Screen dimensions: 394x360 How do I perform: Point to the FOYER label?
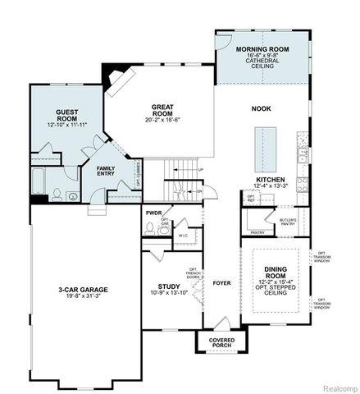[221, 286]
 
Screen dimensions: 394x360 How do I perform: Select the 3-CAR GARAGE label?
[84, 290]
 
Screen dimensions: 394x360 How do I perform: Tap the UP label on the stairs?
[201, 170]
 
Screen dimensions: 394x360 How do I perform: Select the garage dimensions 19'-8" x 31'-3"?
[84, 298]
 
